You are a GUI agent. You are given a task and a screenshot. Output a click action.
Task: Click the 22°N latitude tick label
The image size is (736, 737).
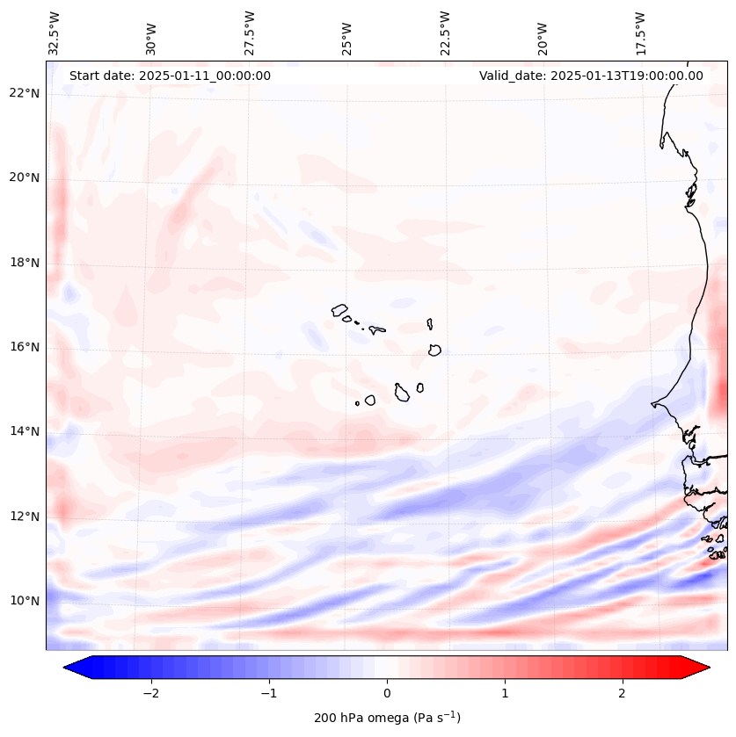(24, 93)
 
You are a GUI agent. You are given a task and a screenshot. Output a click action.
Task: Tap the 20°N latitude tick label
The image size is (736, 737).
(24, 178)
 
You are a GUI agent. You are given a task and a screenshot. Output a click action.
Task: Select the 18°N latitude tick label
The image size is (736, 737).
(24, 263)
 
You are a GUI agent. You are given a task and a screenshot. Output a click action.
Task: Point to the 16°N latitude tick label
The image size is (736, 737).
(24, 347)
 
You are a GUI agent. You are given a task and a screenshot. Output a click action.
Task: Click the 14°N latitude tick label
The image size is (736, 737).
(24, 431)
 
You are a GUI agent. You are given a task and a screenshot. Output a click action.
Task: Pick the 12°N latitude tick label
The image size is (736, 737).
(24, 517)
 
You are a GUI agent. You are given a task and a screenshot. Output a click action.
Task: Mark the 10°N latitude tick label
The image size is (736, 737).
(24, 601)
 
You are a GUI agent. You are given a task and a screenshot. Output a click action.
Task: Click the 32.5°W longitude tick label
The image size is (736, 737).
(55, 33)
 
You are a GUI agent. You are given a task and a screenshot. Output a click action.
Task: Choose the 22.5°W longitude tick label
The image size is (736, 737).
(445, 33)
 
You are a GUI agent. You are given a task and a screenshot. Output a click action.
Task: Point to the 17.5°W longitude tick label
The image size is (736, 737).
(640, 33)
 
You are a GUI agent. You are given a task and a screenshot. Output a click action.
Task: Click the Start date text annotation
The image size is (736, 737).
(170, 76)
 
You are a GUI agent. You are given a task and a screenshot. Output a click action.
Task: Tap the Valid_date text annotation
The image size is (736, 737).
(591, 76)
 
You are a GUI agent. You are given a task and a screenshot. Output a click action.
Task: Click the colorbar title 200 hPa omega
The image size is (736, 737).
(387, 718)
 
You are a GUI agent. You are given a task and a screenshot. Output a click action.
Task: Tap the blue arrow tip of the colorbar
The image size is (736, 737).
(73, 668)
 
